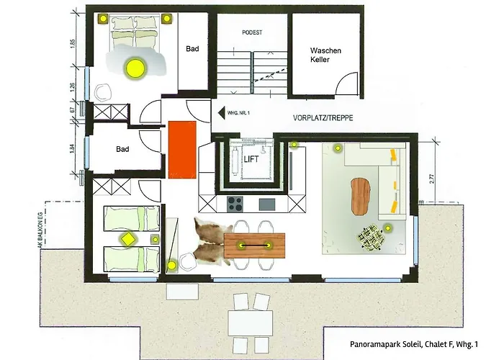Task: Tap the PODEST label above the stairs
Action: pos(252,32)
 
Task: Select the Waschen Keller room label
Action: pos(325,55)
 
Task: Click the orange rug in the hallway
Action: pos(182,149)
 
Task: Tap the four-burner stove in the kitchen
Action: pos(235,202)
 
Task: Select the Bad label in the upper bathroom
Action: pos(192,49)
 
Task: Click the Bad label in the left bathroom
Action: pos(122,149)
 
